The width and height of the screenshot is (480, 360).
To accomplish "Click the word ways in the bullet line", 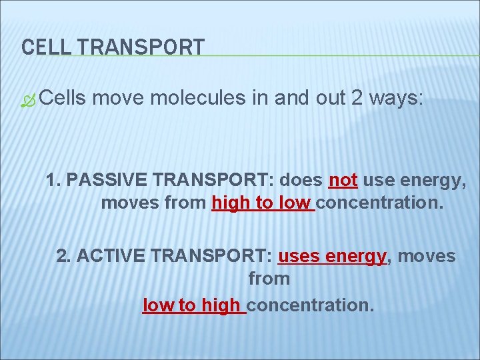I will pos(396,99).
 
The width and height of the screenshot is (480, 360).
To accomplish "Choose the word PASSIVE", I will pos(107,180).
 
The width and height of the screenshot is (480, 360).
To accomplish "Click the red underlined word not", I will pos(343,180).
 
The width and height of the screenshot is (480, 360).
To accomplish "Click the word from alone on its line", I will pos(269,279).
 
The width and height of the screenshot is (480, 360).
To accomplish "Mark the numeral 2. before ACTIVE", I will pos(64,256).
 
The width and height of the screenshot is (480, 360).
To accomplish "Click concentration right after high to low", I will pos(379,203).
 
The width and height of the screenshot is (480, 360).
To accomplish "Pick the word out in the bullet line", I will pos(331,99).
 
